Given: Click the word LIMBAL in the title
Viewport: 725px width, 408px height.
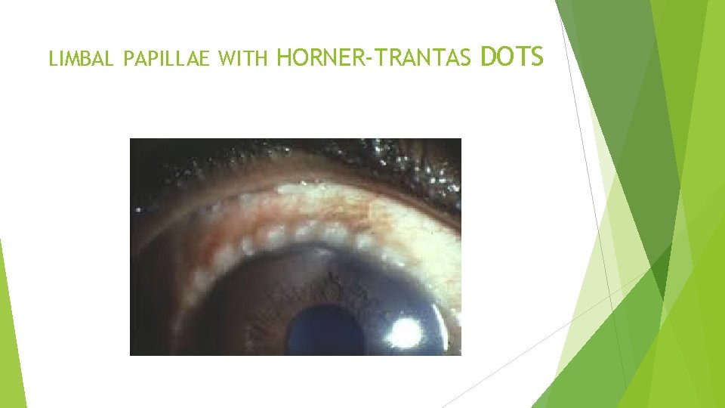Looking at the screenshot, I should click(x=80, y=58).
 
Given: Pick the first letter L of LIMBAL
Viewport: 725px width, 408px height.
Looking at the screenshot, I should click(x=52, y=58).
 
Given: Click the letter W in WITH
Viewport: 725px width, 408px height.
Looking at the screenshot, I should click(x=224, y=58).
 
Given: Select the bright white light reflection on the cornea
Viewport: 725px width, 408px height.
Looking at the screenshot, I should click(x=406, y=330).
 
